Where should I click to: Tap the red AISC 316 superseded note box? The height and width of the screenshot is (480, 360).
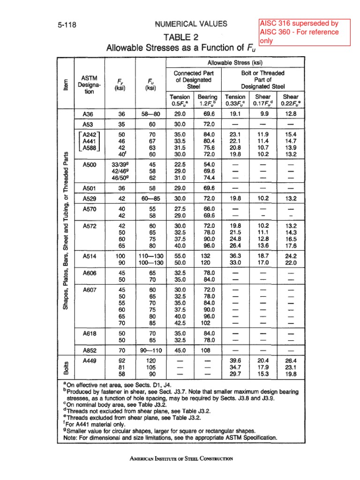coord(305,32)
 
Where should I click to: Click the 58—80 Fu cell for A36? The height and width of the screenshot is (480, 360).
coord(150,113)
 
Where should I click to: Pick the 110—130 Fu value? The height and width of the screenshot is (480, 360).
coord(150,256)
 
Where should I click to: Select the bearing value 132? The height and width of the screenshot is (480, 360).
coord(206,256)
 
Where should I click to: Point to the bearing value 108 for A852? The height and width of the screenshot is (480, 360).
coord(206,350)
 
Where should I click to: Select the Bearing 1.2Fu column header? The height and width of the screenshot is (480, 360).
coord(206,99)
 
